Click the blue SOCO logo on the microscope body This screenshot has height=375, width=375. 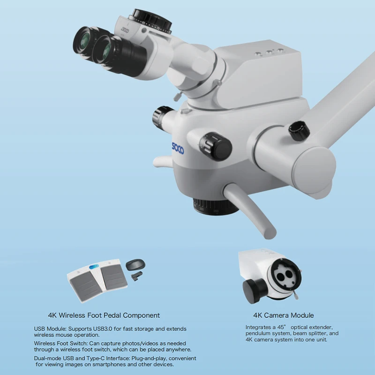(178, 149)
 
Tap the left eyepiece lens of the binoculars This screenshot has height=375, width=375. (83, 41)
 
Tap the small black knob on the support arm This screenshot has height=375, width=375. (299, 131)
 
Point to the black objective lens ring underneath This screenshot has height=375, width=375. (216, 207)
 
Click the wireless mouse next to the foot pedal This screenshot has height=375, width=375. (135, 265)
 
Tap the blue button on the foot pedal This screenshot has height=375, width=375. (94, 267)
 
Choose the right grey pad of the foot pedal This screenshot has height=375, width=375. (114, 278)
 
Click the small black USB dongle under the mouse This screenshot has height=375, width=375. (137, 276)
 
